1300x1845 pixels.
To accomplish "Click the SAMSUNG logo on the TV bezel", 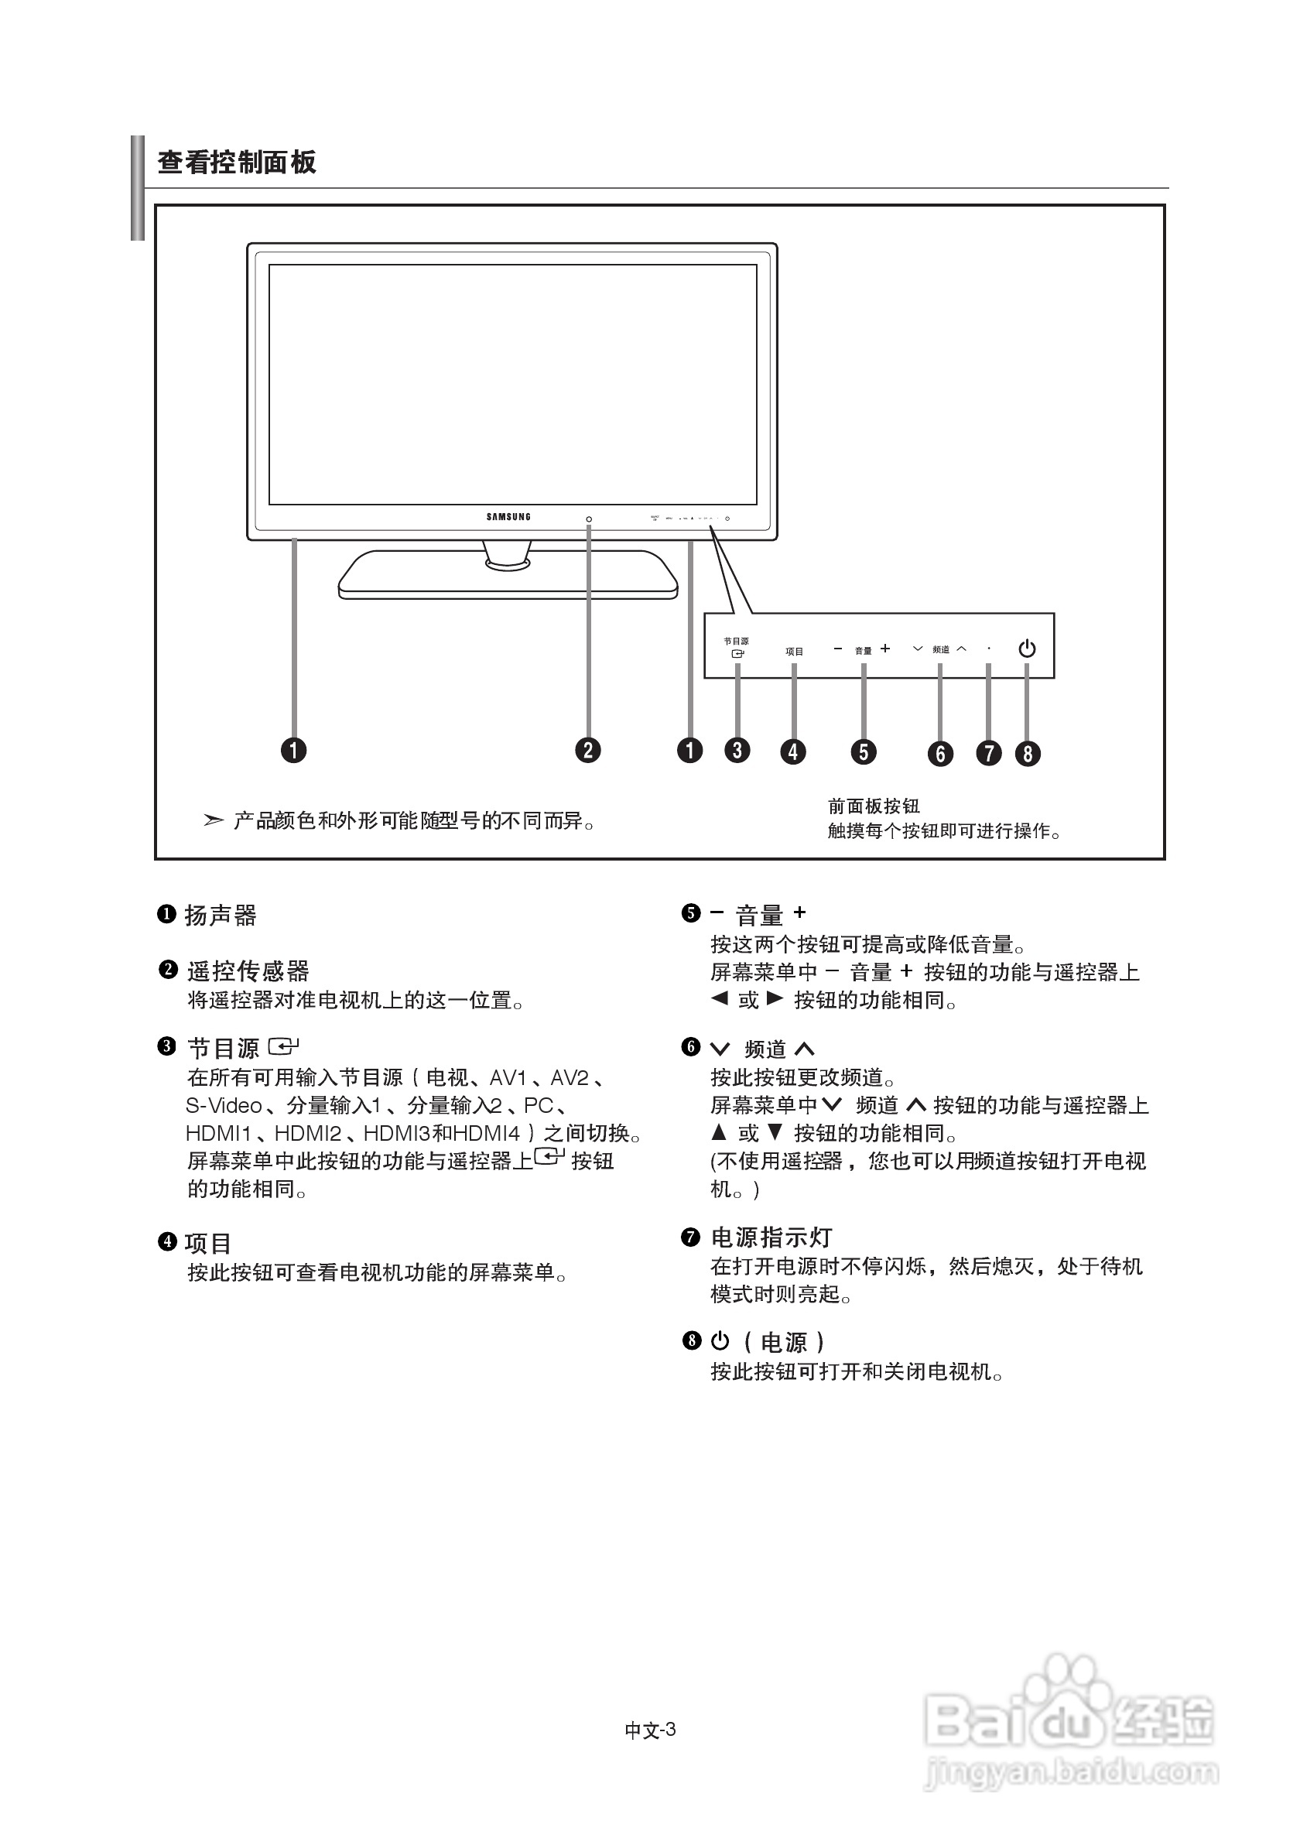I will (508, 517).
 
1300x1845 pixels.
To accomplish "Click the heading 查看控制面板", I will (236, 163).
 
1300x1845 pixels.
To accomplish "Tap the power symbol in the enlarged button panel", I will (1027, 649).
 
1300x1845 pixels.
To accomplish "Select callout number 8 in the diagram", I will (1027, 753).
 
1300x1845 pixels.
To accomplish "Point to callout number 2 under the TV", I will (588, 750).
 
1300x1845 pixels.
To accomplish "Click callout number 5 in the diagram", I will (864, 751).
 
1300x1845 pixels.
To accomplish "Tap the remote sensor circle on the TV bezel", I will (589, 519).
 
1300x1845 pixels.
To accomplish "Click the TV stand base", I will (508, 577).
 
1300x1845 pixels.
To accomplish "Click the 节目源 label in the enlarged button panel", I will (736, 642).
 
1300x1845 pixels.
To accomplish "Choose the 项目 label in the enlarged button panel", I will (794, 652).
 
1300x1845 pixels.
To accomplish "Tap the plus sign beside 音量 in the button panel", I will (885, 649).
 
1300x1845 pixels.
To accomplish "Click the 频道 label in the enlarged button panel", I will (941, 649).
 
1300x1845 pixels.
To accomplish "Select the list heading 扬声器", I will (220, 916).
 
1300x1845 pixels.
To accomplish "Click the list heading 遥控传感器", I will (248, 970).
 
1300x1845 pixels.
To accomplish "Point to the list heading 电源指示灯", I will (771, 1237).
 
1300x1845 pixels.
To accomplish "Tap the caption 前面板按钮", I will (874, 806).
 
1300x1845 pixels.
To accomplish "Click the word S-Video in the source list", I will (224, 1106).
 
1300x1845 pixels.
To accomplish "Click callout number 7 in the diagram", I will (988, 753).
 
